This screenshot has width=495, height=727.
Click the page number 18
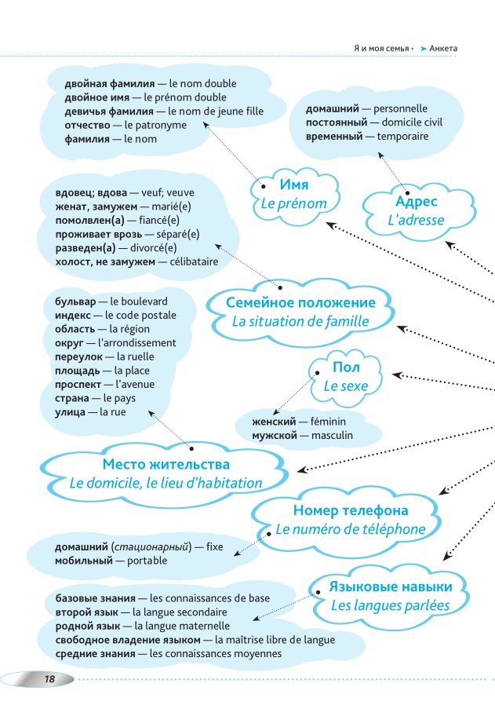tap(49, 679)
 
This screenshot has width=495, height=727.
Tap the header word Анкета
tap(444, 49)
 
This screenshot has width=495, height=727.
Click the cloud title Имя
tap(294, 184)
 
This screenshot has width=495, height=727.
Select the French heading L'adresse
tap(415, 221)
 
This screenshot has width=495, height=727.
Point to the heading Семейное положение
tap(300, 302)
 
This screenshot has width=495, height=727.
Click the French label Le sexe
tap(345, 385)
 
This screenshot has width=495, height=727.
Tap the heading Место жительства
tap(166, 465)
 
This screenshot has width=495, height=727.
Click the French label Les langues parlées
tap(390, 605)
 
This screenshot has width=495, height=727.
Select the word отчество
tap(86, 125)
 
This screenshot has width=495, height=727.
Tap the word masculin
tap(332, 435)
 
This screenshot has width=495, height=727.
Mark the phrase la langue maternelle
tap(182, 626)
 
